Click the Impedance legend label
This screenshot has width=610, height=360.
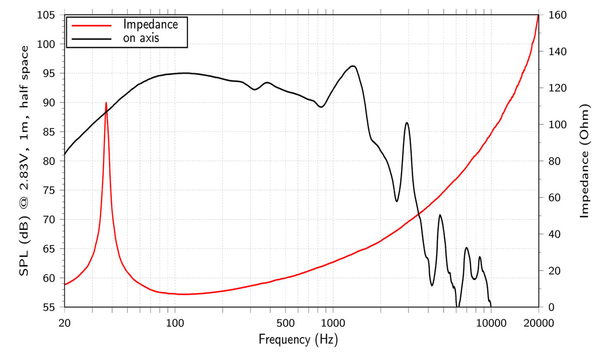[x=151, y=24]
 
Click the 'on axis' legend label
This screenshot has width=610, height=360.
[x=141, y=38]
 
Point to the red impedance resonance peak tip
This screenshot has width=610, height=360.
[x=106, y=102]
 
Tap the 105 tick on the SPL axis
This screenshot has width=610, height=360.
[x=50, y=15]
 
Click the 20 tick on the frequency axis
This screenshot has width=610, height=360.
[x=65, y=322]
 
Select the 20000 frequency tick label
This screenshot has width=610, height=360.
[x=539, y=322]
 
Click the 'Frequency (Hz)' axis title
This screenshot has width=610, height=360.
[x=298, y=340]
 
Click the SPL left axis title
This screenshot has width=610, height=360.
[x=24, y=161]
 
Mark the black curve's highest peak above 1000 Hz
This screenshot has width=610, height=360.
[x=353, y=66]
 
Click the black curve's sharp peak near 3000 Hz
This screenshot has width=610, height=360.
[x=406, y=123]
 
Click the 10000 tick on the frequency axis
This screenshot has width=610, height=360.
[x=490, y=322]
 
